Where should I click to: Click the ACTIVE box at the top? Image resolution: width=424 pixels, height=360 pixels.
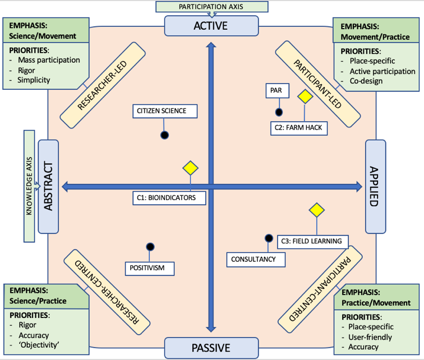tap(211, 26)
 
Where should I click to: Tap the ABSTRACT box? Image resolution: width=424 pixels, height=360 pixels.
tap(48, 186)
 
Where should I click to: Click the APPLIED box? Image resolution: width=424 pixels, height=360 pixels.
tap(375, 186)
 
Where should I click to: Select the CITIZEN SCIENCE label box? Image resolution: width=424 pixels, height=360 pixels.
tap(166, 111)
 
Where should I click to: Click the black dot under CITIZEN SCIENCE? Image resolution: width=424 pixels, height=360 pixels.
tap(165, 135)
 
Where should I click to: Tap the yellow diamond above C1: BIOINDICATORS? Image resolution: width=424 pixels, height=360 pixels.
tap(190, 168)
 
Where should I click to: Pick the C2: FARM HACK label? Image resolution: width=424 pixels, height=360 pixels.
tap(298, 127)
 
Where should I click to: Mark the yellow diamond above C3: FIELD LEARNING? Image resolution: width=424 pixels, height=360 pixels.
tap(316, 210)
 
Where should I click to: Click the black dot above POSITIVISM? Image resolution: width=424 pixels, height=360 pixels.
tap(150, 246)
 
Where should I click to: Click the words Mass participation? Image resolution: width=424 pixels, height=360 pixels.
tap(49, 59)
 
